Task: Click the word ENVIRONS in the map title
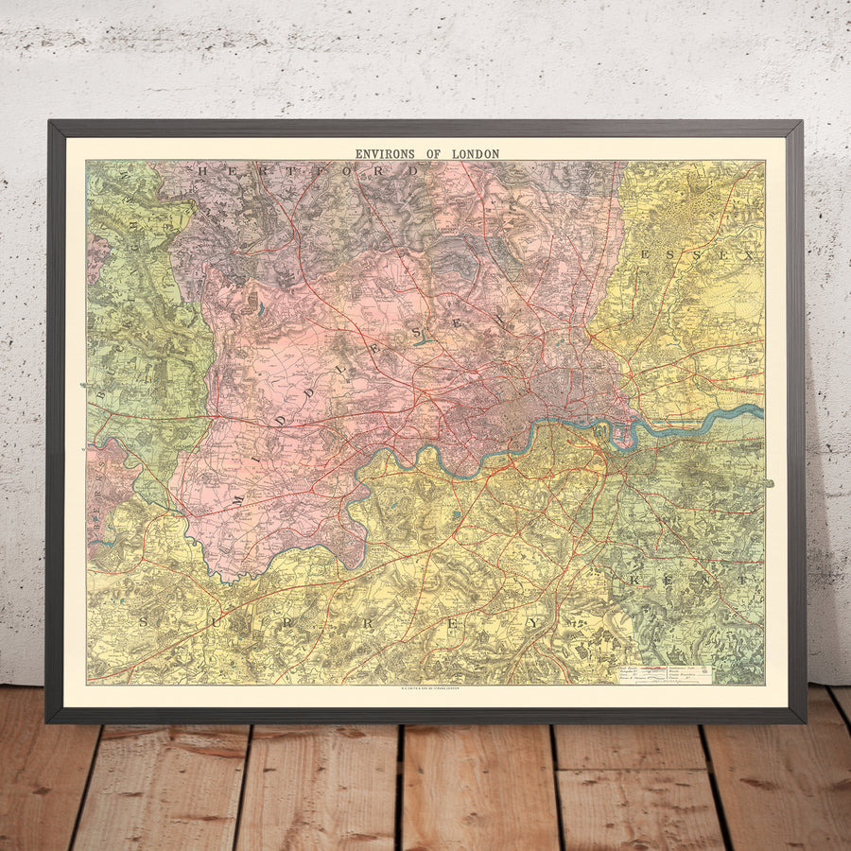(387, 153)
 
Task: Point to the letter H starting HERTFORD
(203, 171)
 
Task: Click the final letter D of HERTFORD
(412, 171)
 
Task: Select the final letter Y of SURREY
(535, 623)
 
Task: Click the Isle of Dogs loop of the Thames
(621, 435)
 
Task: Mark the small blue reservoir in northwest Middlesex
(259, 308)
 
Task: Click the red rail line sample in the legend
(644, 668)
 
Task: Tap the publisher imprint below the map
(425, 689)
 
